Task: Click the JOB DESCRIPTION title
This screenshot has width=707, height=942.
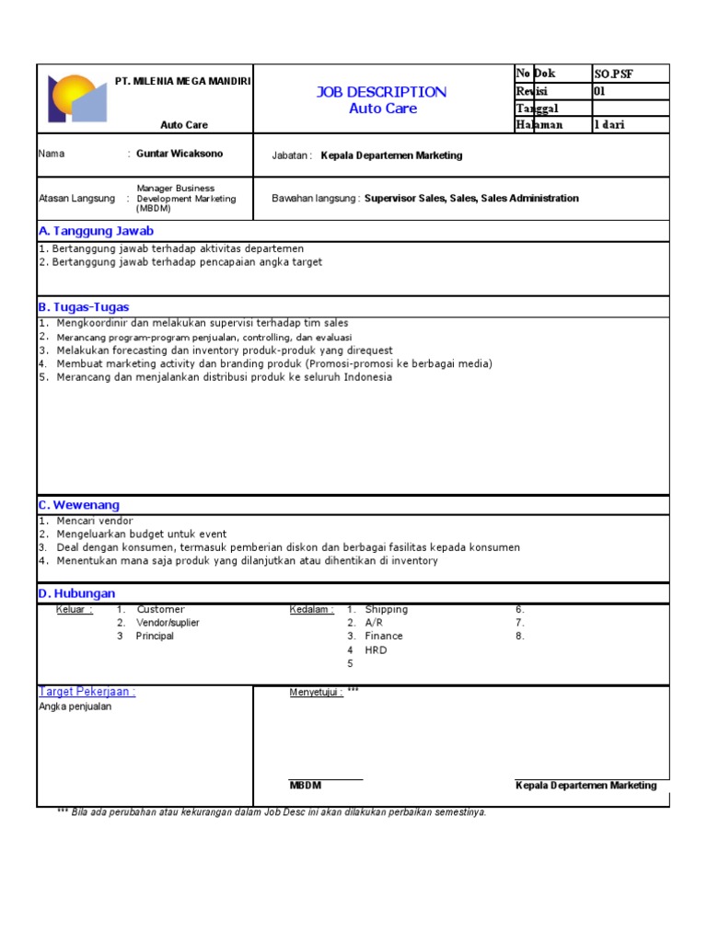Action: pyautogui.click(x=382, y=92)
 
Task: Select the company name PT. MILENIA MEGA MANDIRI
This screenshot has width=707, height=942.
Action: pyautogui.click(x=183, y=81)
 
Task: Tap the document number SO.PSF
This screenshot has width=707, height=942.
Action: pyautogui.click(x=614, y=74)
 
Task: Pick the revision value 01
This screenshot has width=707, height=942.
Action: pyautogui.click(x=601, y=91)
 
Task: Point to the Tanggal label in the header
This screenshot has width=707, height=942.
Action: pyautogui.click(x=538, y=109)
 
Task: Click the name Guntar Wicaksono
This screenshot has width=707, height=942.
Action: pyautogui.click(x=180, y=154)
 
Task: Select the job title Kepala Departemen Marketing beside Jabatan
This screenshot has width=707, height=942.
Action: pyautogui.click(x=391, y=155)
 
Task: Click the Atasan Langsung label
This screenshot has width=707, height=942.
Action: pyautogui.click(x=76, y=198)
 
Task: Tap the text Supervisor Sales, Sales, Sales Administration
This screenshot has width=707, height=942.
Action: pyautogui.click(x=471, y=198)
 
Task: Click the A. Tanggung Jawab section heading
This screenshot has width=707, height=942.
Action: pyautogui.click(x=96, y=231)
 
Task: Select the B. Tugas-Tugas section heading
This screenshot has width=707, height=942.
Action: pyautogui.click(x=84, y=306)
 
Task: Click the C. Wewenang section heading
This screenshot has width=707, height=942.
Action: pyautogui.click(x=79, y=505)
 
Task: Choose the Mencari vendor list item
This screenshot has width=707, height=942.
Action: pyautogui.click(x=94, y=521)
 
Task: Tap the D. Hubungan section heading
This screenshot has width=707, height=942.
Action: pyautogui.click(x=76, y=593)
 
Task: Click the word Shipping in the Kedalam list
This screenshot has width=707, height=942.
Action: pyautogui.click(x=386, y=609)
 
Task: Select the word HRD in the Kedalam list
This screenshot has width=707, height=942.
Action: pyautogui.click(x=376, y=649)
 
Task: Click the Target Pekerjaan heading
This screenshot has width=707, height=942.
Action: pyautogui.click(x=87, y=692)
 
